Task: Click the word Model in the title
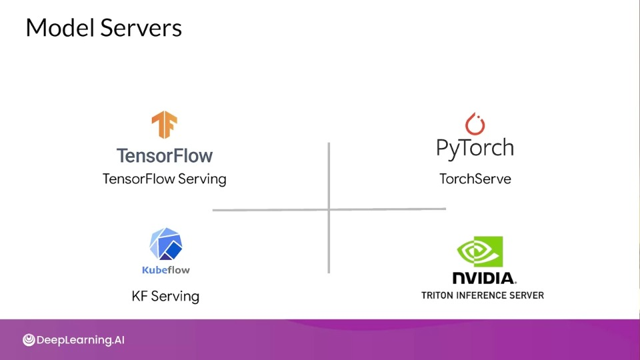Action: pos(61,28)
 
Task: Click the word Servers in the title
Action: pos(141,28)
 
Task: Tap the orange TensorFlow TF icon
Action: pos(165,125)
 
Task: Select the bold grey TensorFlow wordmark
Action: pos(165,155)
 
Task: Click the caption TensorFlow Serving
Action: pos(165,179)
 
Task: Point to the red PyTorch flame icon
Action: pos(475,124)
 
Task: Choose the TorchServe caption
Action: pos(475,179)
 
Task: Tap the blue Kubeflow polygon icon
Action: pos(166,244)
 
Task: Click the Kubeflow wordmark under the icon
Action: pos(166,270)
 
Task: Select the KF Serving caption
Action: pos(165,296)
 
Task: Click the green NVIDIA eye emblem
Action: pos(480,251)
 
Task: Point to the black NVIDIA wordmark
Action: pos(485,278)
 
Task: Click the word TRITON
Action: pos(437,295)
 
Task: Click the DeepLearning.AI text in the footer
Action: pos(81,340)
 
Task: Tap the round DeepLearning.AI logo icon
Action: pos(29,340)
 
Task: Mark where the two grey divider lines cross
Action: pos(329,210)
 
